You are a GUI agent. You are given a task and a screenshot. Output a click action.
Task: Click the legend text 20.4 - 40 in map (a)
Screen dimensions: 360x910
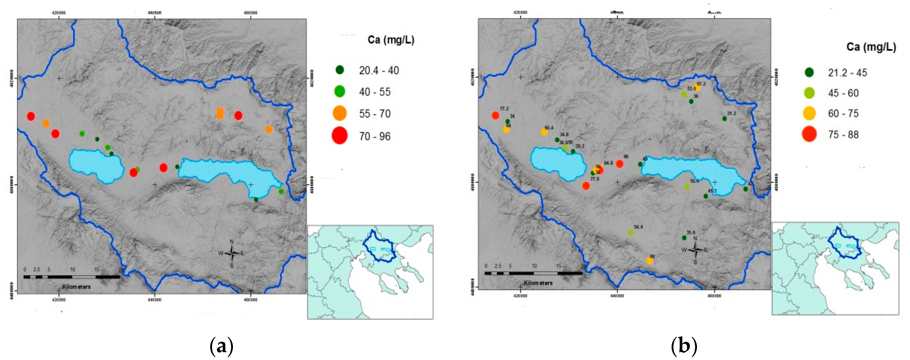click(x=379, y=71)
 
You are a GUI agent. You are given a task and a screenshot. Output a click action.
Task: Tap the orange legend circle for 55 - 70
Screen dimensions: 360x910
click(x=339, y=113)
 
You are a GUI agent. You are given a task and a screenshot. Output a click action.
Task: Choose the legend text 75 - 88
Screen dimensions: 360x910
click(x=843, y=135)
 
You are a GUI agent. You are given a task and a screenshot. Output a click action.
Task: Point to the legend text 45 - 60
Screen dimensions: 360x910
click(x=843, y=93)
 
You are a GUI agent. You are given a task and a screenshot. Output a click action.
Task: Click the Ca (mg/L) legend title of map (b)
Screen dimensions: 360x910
click(x=871, y=47)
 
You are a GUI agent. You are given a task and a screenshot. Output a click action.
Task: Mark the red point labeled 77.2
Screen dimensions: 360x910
click(x=495, y=115)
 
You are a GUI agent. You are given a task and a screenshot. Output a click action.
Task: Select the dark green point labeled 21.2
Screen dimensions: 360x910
click(x=725, y=119)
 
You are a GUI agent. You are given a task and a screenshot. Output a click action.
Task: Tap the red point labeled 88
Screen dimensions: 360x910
click(x=619, y=164)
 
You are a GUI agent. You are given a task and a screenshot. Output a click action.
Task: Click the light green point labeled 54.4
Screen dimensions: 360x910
click(x=631, y=233)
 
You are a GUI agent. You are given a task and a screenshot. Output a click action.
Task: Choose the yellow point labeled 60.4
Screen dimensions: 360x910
click(x=544, y=132)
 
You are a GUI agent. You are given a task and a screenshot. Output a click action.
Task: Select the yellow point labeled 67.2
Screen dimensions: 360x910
click(x=697, y=88)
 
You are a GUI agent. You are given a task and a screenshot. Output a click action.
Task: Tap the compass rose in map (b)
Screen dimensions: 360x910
click(x=695, y=250)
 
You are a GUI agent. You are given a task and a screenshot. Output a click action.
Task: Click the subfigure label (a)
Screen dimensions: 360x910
click(x=221, y=346)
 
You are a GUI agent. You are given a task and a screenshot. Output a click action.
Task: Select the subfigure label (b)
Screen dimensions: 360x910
click(x=684, y=346)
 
